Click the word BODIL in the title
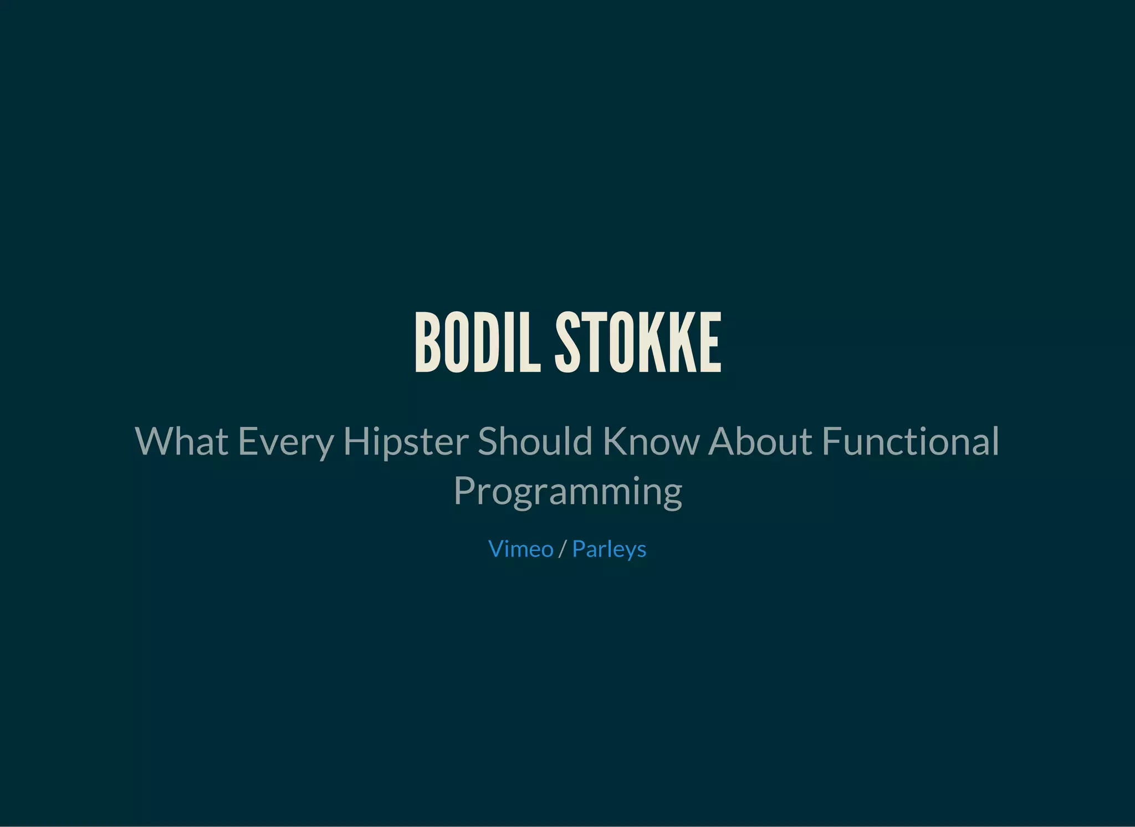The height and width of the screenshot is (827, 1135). (477, 343)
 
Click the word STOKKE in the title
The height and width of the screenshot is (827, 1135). (638, 343)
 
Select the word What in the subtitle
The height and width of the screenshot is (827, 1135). (181, 441)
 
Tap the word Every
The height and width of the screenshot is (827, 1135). (285, 442)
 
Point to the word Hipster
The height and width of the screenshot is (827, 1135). (406, 442)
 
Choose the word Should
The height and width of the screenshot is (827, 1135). (535, 441)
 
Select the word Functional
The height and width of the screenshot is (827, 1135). (911, 441)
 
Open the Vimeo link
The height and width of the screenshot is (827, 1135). (520, 549)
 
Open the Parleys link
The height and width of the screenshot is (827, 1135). (609, 549)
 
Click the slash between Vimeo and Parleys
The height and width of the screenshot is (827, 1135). (563, 549)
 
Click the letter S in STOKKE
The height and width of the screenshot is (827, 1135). (567, 343)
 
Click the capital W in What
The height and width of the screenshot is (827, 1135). (154, 441)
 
